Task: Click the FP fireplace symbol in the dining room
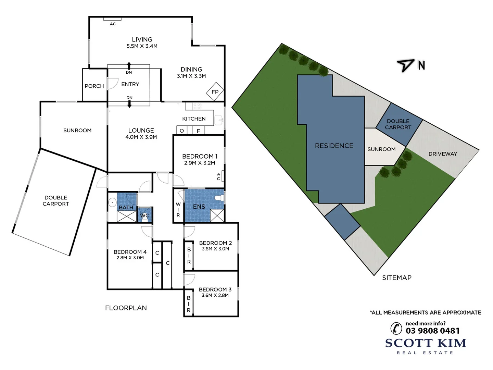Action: tap(215, 91)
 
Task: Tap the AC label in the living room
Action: tap(113, 24)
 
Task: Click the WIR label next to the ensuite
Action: tap(178, 210)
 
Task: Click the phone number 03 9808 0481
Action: tap(432, 331)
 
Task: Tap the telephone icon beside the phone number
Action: tap(396, 328)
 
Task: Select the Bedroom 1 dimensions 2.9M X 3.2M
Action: tap(200, 163)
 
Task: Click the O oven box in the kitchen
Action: tap(182, 131)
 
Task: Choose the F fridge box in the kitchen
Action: tap(198, 131)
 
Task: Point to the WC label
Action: tap(144, 216)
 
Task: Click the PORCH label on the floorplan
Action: tap(94, 86)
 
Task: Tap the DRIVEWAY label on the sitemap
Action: tap(443, 154)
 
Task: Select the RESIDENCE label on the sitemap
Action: tap(334, 146)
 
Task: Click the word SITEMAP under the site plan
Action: tap(397, 278)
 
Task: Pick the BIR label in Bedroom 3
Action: tap(189, 304)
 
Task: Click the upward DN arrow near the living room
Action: tap(129, 66)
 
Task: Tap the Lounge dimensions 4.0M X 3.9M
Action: tap(141, 137)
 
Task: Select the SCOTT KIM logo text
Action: tap(426, 343)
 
